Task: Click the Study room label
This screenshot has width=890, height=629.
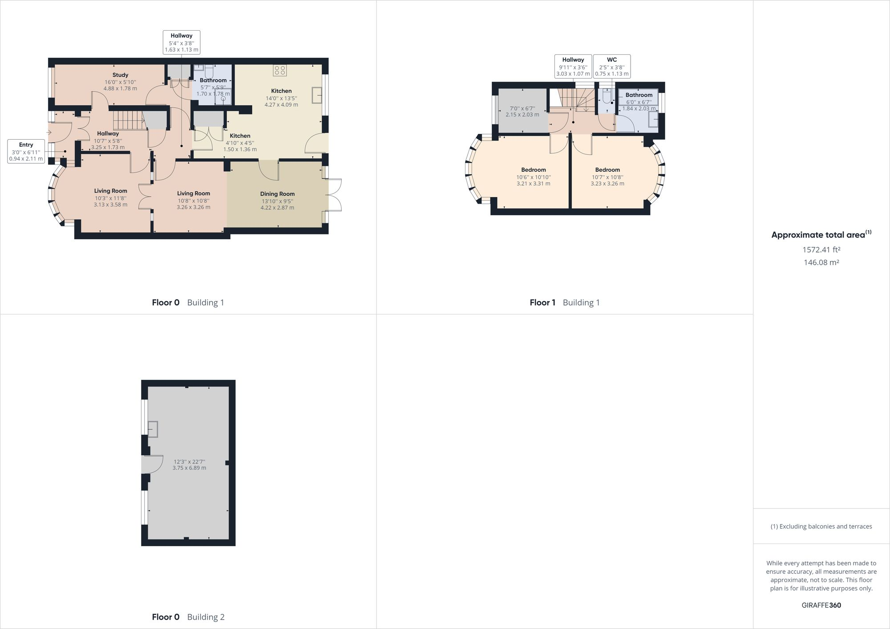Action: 120,75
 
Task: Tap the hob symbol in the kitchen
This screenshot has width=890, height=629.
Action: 280,70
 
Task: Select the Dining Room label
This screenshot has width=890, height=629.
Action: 277,194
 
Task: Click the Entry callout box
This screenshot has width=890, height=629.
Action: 26,151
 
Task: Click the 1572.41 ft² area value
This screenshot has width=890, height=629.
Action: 821,250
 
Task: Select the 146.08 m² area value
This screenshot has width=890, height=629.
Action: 821,262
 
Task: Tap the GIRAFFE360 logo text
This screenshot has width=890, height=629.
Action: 821,605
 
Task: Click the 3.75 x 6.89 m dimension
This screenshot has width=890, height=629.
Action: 189,468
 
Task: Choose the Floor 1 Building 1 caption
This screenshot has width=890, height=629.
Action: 564,302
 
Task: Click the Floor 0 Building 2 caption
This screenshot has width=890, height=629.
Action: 188,617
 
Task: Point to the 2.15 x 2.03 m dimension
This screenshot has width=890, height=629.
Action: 522,115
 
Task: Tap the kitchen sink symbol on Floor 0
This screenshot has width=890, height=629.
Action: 316,96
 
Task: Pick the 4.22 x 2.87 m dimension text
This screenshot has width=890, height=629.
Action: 277,208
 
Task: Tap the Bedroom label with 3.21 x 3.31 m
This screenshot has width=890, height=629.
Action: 533,170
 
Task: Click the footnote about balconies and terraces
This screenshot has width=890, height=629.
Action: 821,526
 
